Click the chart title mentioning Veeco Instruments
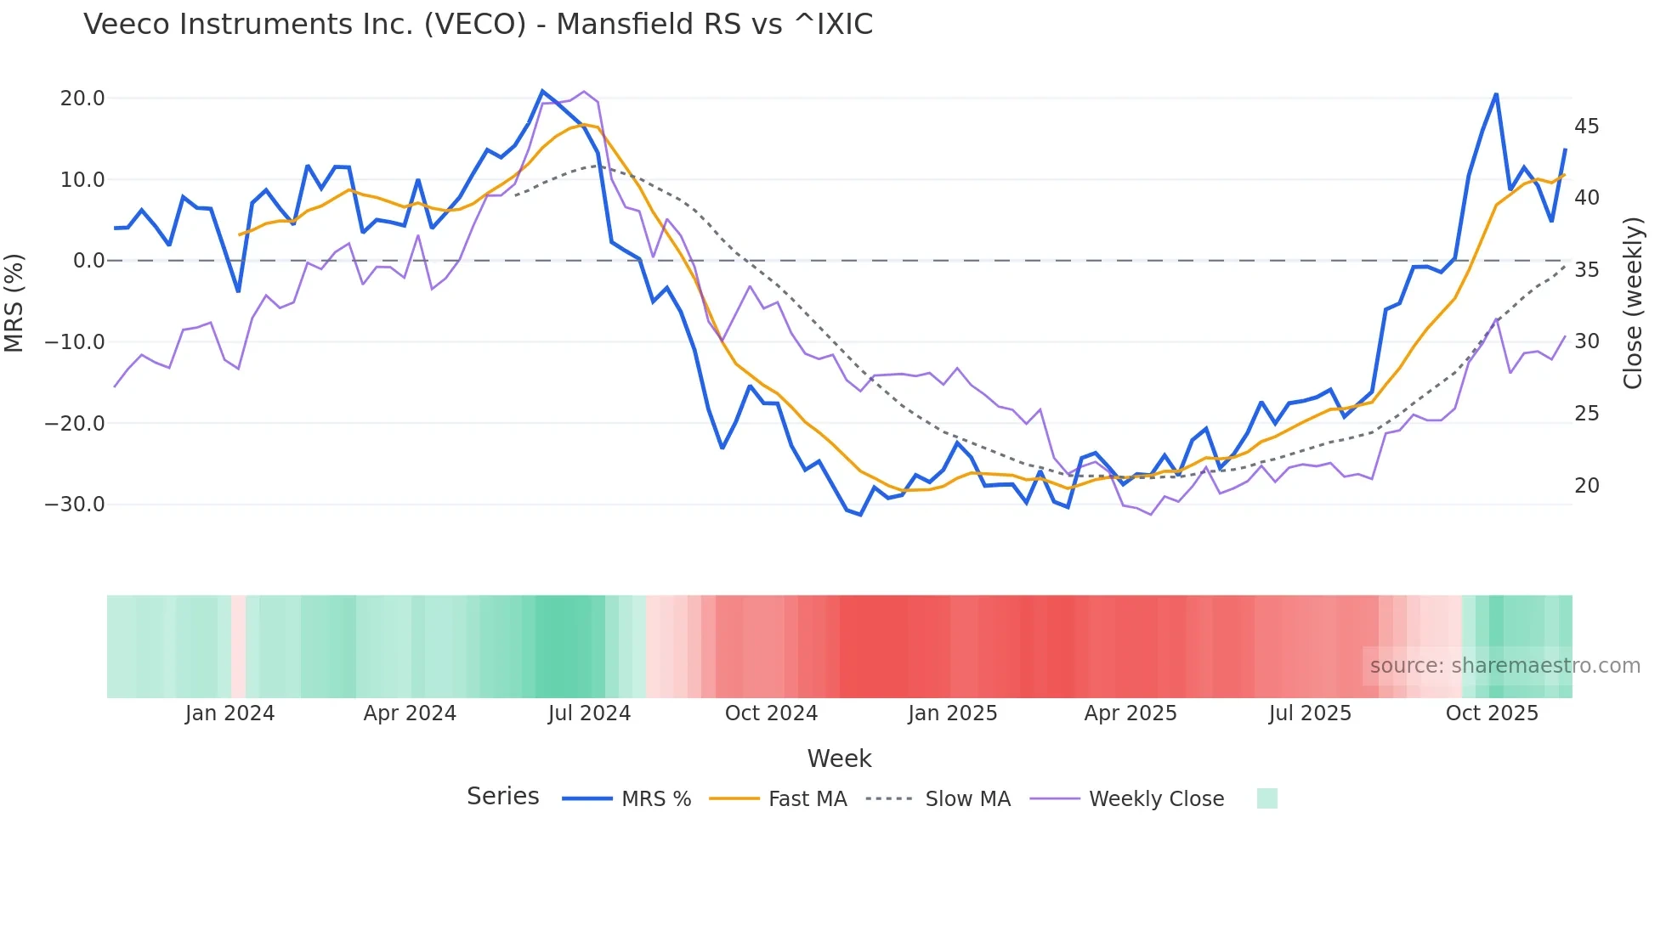click(x=478, y=25)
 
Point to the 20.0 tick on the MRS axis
click(x=82, y=99)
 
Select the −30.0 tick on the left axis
click(x=75, y=505)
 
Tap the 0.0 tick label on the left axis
click(x=88, y=261)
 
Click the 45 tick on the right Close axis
click(x=1586, y=127)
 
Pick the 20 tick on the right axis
click(x=1586, y=486)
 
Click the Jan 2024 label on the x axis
click(x=229, y=713)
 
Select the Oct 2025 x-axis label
click(x=1492, y=713)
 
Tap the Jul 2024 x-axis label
click(x=589, y=713)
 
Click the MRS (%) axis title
click(x=14, y=302)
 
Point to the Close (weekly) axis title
click(x=1633, y=303)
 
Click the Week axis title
click(x=839, y=758)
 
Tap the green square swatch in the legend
click(x=1266, y=798)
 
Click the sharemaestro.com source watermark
click(x=1504, y=666)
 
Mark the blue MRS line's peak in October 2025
click(x=1496, y=94)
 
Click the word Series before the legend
click(x=502, y=797)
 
